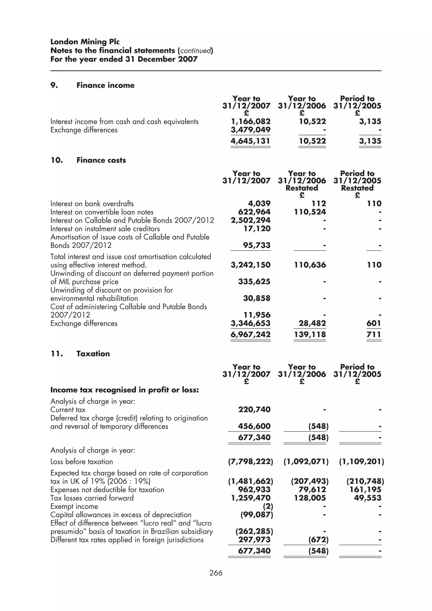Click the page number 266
pyautogui.click(x=216, y=573)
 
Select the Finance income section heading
pyautogui.click(x=105, y=85)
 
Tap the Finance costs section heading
pyautogui.click(x=101, y=160)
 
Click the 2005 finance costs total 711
pyautogui.click(x=374, y=335)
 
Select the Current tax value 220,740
pyautogui.click(x=254, y=410)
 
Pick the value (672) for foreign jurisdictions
pyautogui.click(x=318, y=540)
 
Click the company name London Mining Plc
pyautogui.click(x=85, y=42)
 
